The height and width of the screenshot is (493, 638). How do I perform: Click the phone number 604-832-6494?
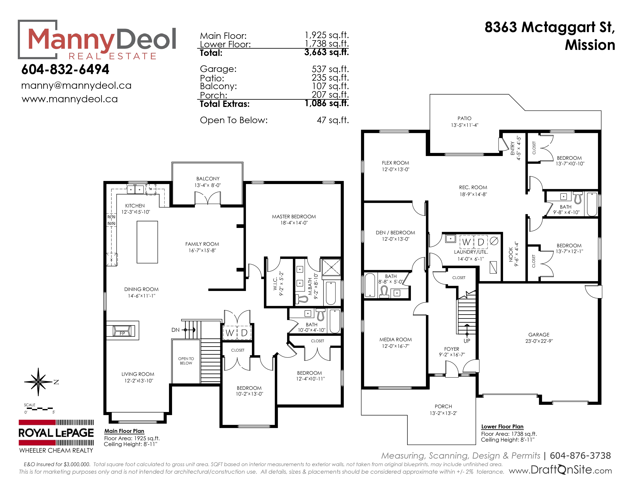65,70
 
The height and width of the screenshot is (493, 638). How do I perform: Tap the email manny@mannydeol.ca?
76,86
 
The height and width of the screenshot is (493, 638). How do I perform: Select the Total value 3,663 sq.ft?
327,52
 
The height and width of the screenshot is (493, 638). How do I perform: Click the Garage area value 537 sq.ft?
330,69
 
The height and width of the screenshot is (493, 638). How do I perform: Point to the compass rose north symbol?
38,382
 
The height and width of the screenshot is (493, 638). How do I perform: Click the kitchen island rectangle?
147,242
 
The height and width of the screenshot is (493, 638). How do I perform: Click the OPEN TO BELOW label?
186,361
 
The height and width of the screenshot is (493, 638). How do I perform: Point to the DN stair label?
176,330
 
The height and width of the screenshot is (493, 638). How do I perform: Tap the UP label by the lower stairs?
467,341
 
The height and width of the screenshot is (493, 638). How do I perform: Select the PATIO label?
464,118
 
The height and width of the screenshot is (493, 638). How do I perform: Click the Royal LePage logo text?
56,433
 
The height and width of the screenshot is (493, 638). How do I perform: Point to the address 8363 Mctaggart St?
550,27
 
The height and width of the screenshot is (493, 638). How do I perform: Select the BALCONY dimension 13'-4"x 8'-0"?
208,185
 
